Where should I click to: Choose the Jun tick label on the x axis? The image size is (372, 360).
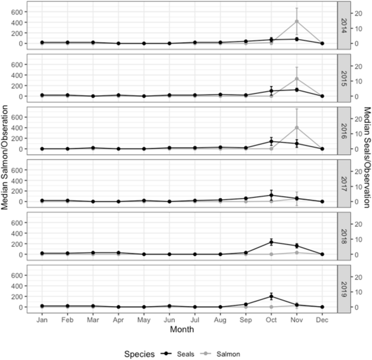tap(169, 320)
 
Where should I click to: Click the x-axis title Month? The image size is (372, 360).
tap(181, 330)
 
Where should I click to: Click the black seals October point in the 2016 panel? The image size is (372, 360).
tap(271, 141)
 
